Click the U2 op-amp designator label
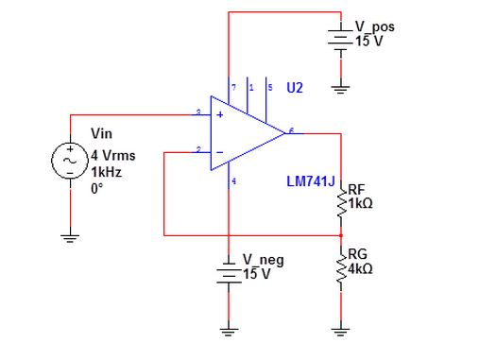click(295, 88)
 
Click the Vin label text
click(101, 134)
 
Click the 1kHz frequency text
click(106, 173)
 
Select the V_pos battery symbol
click(340, 38)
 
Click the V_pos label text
click(374, 26)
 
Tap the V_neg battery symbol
click(229, 271)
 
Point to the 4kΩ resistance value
click(360, 269)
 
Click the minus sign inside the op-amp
click(220, 151)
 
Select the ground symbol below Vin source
click(70, 238)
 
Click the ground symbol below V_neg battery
click(229, 331)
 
